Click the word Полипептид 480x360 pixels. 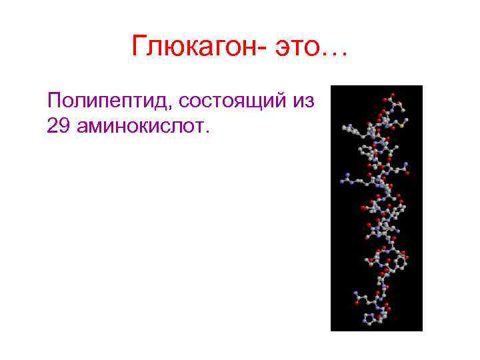[109, 101]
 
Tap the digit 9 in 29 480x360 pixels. [65, 125]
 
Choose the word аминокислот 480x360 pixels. [141, 125]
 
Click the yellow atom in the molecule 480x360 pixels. [403, 123]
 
